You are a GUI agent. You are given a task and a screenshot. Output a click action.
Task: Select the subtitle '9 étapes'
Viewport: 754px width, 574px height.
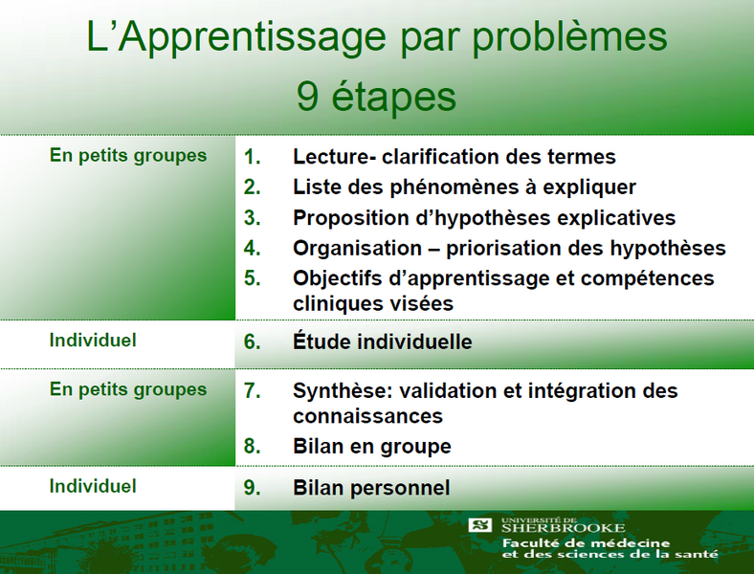coord(376,98)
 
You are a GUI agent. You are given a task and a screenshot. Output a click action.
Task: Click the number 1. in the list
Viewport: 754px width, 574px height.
coord(253,157)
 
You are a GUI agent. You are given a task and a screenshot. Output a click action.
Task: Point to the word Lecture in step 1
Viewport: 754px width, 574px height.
coord(329,157)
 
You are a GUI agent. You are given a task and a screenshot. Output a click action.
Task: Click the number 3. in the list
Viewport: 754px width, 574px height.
coord(253,218)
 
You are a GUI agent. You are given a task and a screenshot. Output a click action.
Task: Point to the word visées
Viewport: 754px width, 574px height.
coord(421,303)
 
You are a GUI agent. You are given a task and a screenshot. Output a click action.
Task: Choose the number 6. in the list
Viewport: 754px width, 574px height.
coord(253,342)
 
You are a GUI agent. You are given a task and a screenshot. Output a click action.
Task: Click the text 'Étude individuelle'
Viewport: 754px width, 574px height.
coord(383,342)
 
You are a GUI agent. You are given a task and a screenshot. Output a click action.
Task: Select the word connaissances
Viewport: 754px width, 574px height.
coord(367,416)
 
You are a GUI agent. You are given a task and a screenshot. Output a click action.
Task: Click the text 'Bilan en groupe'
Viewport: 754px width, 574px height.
coord(372,447)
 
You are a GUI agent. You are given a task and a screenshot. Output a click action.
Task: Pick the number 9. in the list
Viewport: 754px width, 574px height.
coord(253,488)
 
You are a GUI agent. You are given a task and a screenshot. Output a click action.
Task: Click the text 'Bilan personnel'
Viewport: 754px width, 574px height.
coord(371,488)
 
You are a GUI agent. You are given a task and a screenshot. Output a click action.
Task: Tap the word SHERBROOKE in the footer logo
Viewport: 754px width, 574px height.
coord(563,528)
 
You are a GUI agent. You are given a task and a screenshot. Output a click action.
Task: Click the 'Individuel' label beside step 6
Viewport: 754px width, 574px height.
coord(93,340)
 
